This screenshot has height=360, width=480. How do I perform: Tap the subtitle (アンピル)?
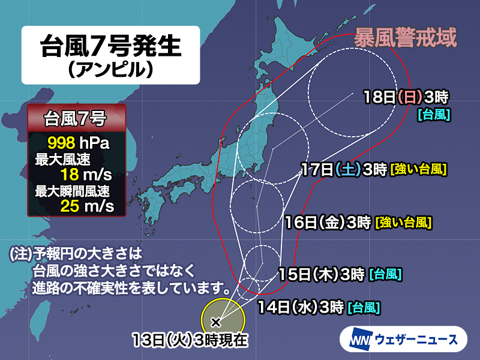[111, 71]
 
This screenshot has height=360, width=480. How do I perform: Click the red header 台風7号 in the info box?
[76, 118]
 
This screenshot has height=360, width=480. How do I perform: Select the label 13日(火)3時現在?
[191, 341]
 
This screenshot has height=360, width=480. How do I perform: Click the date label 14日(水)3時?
[300, 308]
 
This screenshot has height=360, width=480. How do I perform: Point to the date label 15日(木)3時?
[322, 275]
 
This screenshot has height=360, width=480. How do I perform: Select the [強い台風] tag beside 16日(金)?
[403, 224]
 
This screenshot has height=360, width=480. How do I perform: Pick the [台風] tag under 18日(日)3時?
[434, 114]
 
